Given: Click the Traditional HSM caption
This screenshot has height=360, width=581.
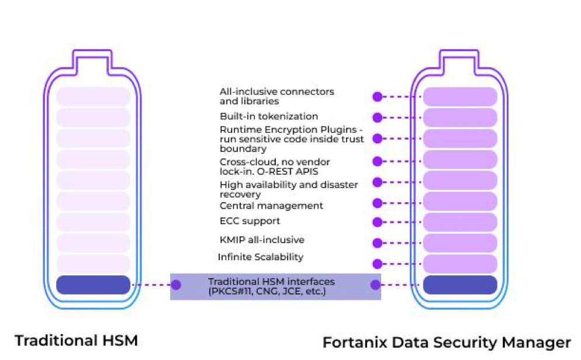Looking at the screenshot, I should point(76,340).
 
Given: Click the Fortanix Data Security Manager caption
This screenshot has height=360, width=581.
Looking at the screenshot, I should point(447,342).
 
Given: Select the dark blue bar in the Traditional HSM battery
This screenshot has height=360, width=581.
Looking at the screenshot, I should point(94,285).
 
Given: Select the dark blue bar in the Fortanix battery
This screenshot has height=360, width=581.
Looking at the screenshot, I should point(460,285).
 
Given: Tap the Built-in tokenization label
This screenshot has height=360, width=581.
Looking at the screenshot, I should point(269,116).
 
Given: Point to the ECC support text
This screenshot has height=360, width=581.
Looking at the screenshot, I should point(250,221).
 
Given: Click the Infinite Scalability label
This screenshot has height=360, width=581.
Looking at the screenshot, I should point(261,257).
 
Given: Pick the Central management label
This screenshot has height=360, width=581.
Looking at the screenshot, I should point(271,206).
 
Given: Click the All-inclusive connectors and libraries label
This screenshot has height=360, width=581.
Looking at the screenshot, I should point(276,96).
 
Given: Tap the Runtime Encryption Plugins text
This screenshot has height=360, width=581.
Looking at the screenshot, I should point(292,139).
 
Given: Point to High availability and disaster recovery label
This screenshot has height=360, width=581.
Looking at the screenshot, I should point(289,189).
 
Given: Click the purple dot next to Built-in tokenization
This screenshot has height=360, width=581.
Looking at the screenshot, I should point(378,117).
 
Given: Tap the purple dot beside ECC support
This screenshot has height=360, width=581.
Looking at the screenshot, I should point(378,222).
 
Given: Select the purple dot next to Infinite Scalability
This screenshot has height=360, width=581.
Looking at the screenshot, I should point(378,264).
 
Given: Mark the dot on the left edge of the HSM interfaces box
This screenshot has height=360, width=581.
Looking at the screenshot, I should point(176,285).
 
